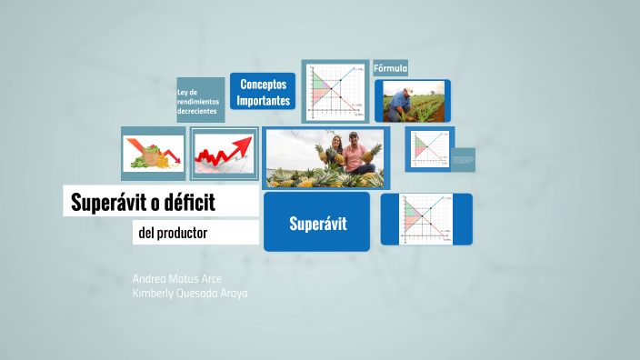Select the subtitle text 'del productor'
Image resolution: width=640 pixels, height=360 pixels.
click(x=173, y=234)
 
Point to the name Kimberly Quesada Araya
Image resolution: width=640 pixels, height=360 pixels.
click(x=189, y=294)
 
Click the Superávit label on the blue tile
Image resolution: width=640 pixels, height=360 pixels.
click(x=317, y=223)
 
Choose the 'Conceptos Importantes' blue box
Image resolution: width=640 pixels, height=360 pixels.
click(x=263, y=92)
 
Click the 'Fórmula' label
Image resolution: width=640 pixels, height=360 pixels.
click(x=390, y=68)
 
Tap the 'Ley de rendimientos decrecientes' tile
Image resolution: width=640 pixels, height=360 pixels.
click(x=200, y=100)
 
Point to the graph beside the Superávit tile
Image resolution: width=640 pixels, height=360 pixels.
click(x=426, y=219)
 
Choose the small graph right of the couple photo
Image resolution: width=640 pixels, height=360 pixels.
click(x=428, y=148)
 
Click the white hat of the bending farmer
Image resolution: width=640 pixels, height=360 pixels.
click(x=407, y=90)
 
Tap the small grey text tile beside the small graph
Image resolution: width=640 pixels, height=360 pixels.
click(x=464, y=159)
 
